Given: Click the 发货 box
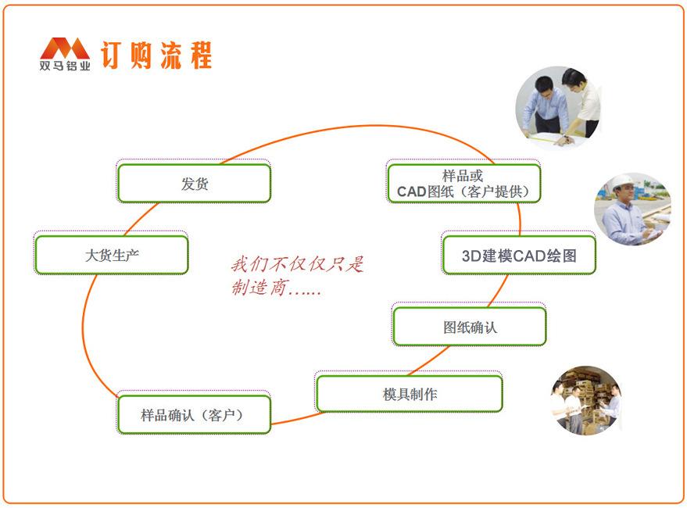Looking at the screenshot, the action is point(194,184).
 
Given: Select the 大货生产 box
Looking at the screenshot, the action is point(111,255).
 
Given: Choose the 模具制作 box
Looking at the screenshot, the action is point(409,394).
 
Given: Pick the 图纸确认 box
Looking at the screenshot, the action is point(469,327).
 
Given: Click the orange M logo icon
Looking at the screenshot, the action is point(64,48).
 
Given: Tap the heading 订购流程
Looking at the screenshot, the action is point(156,55).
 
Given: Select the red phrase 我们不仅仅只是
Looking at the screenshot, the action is point(297,264).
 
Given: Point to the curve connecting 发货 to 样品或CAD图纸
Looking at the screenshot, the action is point(352,127).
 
